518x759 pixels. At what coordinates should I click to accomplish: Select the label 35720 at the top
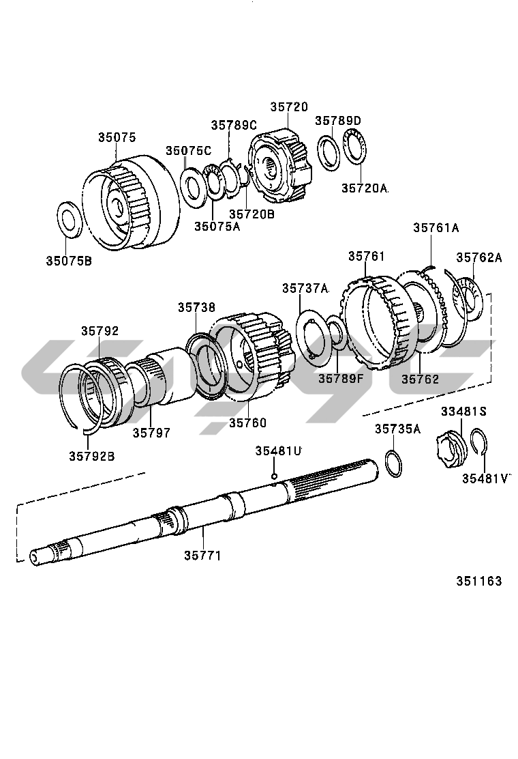tap(288, 107)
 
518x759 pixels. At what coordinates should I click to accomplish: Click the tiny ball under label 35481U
tap(273, 476)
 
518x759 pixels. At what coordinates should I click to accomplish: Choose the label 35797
tap(151, 433)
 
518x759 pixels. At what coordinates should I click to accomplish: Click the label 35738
tap(196, 308)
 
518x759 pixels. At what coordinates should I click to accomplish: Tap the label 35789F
tap(341, 378)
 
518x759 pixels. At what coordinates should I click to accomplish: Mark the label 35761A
tap(436, 228)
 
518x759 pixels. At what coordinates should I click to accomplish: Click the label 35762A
tap(478, 257)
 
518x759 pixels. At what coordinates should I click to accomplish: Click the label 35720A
tap(364, 187)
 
